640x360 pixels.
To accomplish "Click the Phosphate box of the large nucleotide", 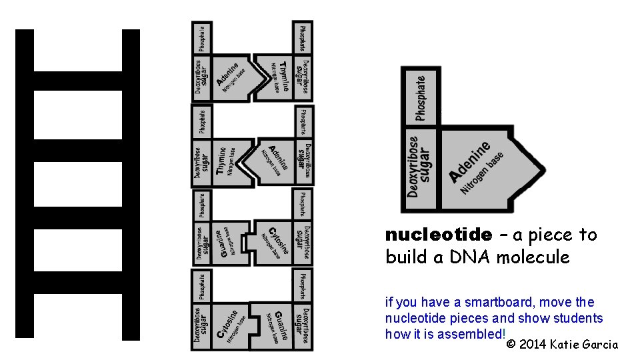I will point(420,97).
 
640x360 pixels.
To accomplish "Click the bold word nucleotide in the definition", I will point(438,235).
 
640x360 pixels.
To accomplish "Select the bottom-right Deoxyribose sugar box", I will point(303,326).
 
